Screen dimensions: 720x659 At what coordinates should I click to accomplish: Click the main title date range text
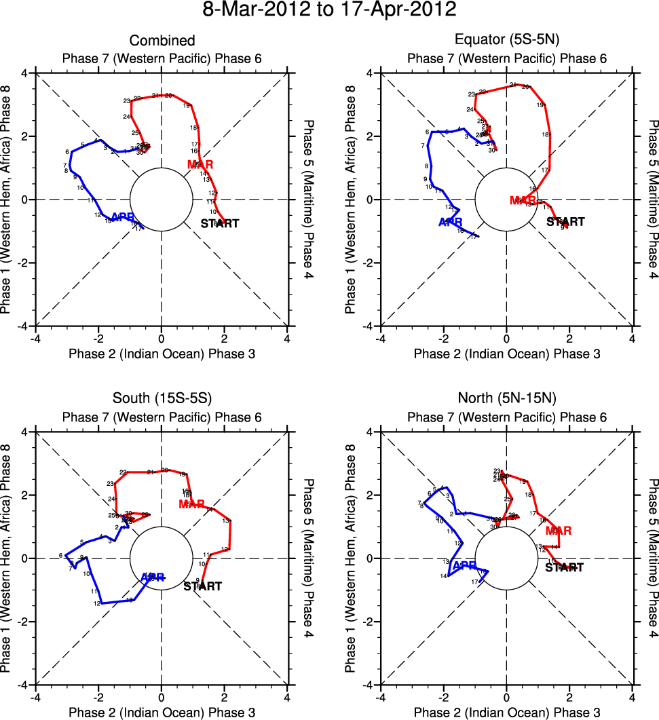[x=329, y=10]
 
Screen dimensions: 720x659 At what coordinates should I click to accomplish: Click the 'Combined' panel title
[x=162, y=41]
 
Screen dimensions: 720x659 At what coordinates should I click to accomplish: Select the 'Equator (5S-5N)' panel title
[x=506, y=41]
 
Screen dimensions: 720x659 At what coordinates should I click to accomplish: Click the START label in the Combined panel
[x=221, y=223]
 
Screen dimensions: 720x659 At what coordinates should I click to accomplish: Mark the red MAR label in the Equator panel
[x=523, y=200]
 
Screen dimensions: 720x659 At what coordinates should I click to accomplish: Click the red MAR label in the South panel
[x=192, y=504]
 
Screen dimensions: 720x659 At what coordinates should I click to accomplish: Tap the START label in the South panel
[x=203, y=586]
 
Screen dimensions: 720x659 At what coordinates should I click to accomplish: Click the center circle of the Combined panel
[x=162, y=200]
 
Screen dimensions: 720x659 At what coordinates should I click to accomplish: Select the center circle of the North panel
[x=506, y=558]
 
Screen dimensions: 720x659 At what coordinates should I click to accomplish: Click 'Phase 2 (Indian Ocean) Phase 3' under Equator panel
[x=506, y=354]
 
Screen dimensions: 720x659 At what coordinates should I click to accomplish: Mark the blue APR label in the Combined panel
[x=122, y=217]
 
